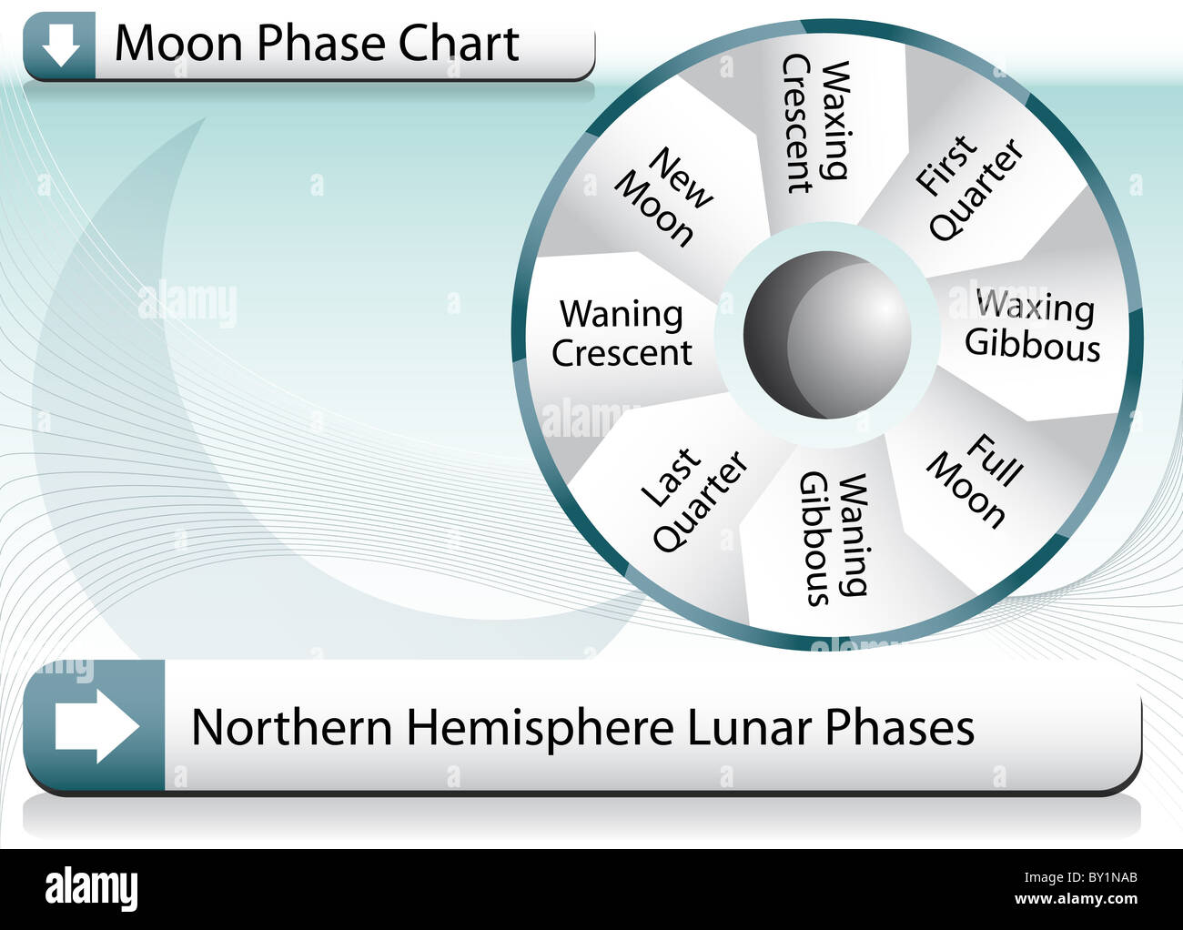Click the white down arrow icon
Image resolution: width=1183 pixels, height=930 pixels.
[x=60, y=44]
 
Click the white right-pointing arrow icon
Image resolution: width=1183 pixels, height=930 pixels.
[x=96, y=726]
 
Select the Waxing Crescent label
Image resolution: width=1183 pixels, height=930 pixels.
[x=816, y=124]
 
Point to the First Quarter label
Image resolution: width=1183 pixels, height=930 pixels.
[x=968, y=188]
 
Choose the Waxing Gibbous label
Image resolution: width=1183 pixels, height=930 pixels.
[x=1033, y=326]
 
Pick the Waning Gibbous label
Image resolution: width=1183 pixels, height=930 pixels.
[x=833, y=539]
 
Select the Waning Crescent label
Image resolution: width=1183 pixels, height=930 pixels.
[x=622, y=334]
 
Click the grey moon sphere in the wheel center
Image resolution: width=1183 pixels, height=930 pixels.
[x=827, y=334]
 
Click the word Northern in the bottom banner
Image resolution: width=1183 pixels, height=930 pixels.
[x=292, y=727]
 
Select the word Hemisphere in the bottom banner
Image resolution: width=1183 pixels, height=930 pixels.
[x=540, y=727]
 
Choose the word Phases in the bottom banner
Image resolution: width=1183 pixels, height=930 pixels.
[x=900, y=727]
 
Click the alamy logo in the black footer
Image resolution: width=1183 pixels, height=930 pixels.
[x=92, y=888]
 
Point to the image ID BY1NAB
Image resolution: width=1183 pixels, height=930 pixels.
[x=1102, y=878]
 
